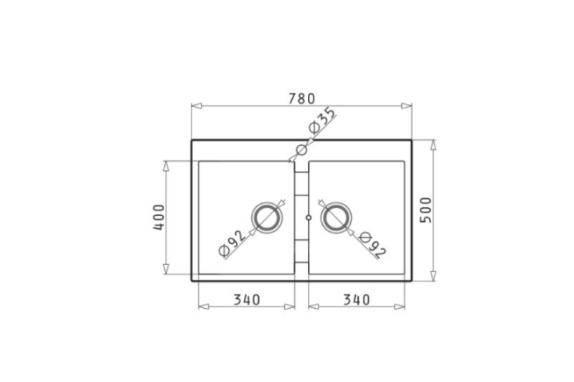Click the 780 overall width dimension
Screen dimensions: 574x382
301,98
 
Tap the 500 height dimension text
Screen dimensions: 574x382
425,210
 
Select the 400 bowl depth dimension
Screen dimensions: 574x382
159,217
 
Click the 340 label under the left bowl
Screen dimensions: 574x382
247,300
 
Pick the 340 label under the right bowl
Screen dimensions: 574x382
357,300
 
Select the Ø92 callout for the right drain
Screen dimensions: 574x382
372,245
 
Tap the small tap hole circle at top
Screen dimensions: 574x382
301,150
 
